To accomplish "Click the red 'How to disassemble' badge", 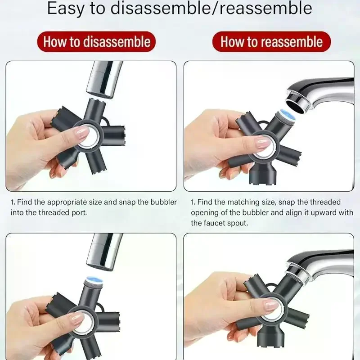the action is point(96,42).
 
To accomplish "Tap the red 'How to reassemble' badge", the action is point(271,42).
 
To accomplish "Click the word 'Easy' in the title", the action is point(65,9).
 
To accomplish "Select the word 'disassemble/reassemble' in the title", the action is point(211,8).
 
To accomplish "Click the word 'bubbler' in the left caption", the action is point(164,202).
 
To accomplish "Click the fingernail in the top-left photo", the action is point(81,133).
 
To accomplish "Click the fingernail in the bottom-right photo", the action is point(271,306).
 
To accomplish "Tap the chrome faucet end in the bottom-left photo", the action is point(104,252).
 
